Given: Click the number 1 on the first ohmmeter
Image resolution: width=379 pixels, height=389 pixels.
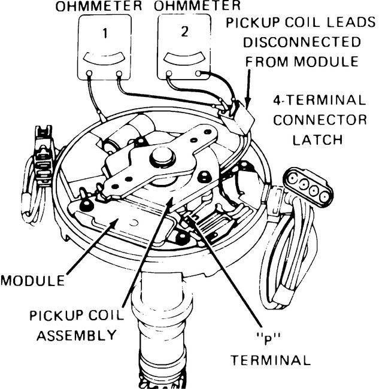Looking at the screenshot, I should (105, 34).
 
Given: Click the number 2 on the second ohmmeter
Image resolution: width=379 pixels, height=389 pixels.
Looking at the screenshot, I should (183, 32).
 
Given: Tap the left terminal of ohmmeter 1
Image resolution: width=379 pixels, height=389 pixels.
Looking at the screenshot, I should (90, 75).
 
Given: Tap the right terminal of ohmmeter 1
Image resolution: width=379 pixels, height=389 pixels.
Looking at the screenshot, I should (120, 75).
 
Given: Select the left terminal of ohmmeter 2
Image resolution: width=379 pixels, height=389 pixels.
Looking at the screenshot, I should (169, 75).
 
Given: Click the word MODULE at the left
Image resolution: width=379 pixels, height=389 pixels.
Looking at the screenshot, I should (32, 279).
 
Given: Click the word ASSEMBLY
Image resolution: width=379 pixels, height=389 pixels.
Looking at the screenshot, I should (75, 336).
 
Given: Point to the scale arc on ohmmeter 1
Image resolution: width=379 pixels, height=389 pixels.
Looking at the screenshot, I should (105, 59).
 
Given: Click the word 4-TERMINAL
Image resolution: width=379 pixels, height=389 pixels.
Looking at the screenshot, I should (320, 99).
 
